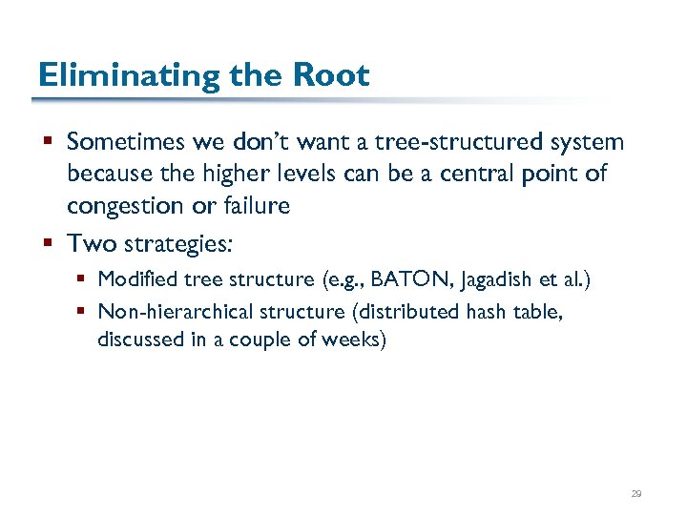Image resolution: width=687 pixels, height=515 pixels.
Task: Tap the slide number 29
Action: pos(636,494)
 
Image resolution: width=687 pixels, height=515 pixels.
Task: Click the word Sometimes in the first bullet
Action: pos(127,143)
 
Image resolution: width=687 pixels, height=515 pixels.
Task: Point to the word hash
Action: pos(489,312)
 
